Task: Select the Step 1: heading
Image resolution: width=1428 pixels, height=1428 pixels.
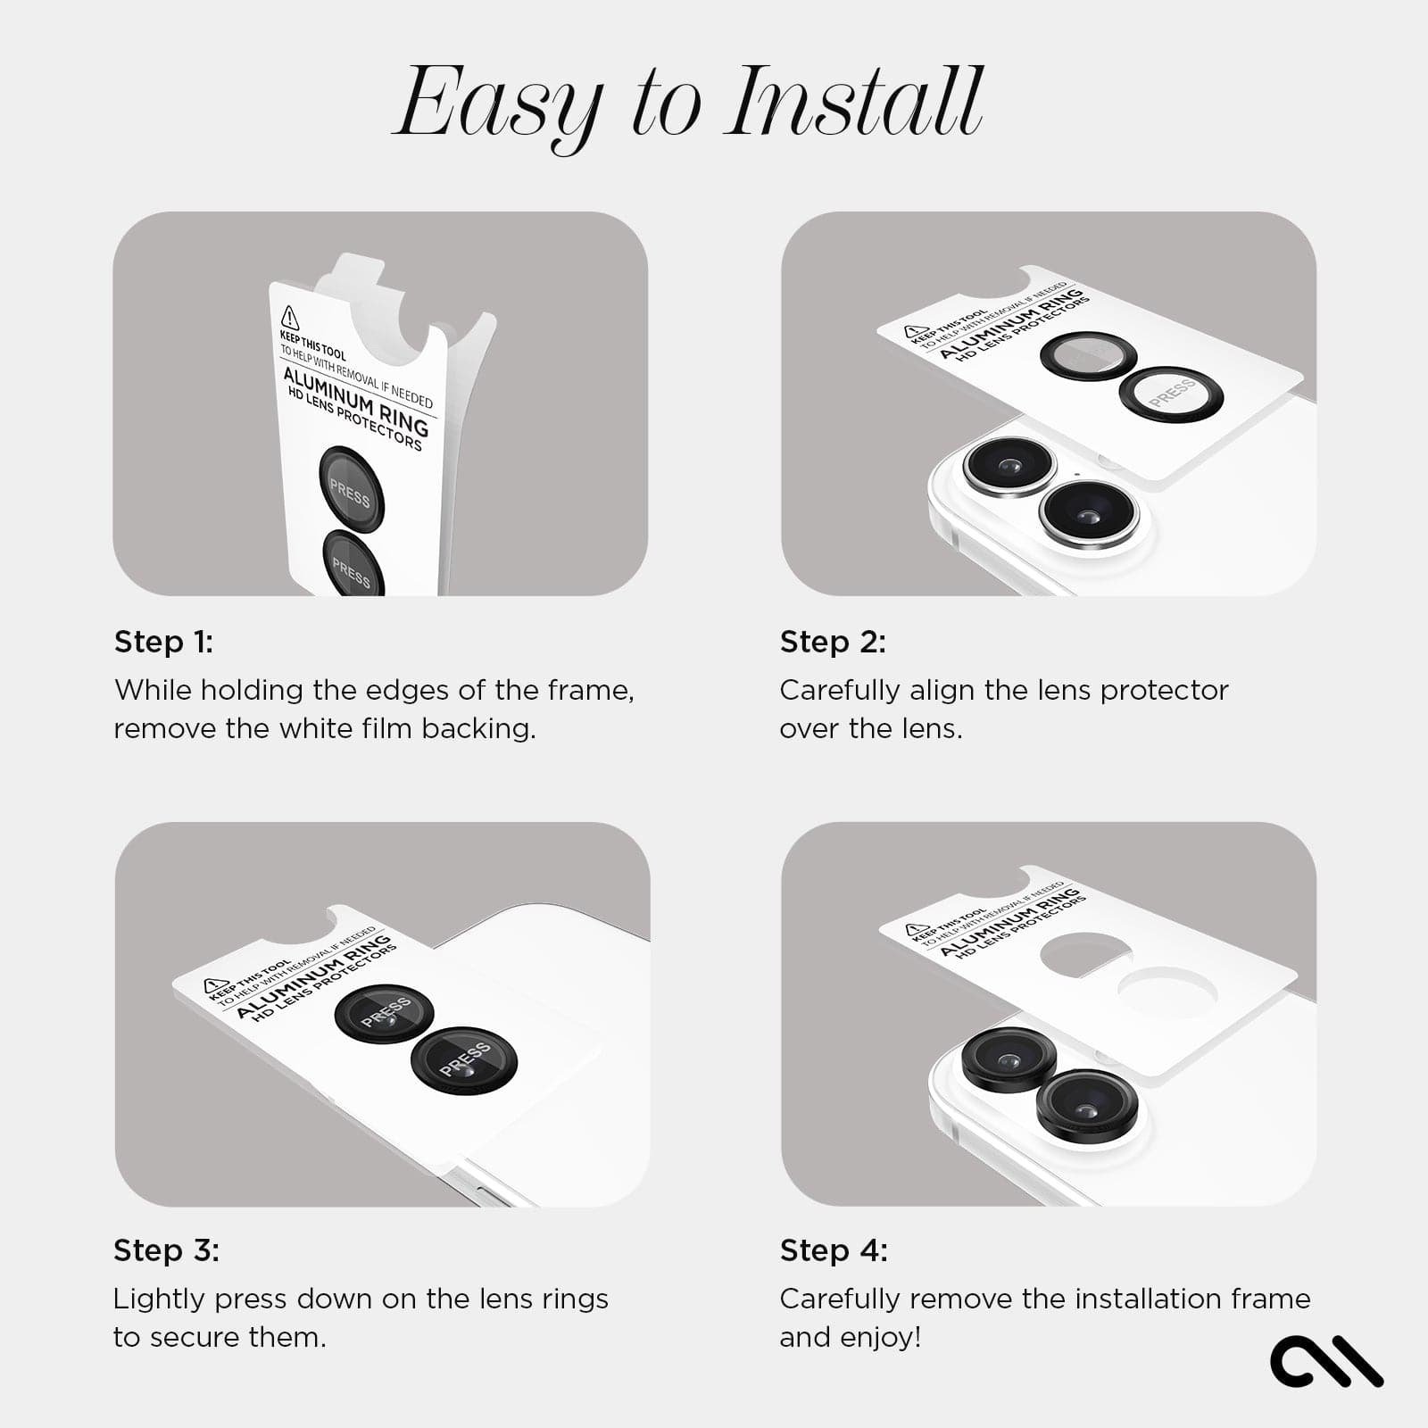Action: tap(163, 642)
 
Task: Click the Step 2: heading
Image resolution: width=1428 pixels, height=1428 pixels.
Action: tap(833, 642)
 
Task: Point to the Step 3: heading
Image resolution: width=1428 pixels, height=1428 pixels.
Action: tap(166, 1250)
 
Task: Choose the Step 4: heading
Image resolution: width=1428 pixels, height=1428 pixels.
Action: tap(834, 1250)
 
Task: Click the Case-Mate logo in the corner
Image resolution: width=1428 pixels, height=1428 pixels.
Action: tap(1325, 1361)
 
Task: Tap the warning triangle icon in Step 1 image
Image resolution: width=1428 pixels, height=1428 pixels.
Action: tap(290, 317)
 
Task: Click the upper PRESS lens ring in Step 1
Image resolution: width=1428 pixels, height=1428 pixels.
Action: tap(352, 488)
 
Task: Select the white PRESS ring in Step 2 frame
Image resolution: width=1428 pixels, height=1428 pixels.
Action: tap(1171, 393)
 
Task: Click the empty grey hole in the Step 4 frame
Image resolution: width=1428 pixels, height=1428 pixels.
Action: tap(1086, 956)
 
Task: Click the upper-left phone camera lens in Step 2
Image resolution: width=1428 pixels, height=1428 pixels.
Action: tap(1009, 465)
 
